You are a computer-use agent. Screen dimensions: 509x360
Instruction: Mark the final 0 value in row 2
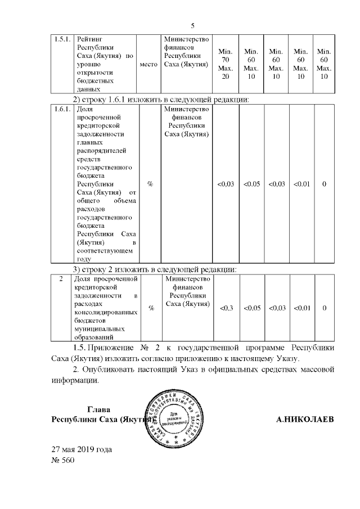click(x=324, y=308)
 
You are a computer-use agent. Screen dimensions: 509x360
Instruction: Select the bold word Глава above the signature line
click(x=100, y=409)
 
